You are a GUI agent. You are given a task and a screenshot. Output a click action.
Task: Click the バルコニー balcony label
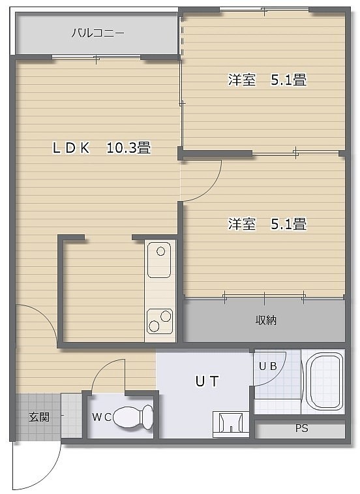[98, 33]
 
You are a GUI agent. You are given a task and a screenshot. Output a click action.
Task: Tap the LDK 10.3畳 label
[102, 147]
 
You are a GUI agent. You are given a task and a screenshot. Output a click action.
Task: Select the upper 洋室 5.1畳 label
[267, 80]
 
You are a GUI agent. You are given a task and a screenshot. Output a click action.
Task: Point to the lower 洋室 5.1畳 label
[267, 224]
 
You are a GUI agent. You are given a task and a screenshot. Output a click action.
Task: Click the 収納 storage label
[266, 320]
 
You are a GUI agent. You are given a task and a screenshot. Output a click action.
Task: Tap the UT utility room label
[207, 381]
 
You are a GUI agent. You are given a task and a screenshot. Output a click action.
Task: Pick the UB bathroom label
[267, 366]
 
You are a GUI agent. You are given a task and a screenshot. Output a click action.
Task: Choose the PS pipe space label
[301, 429]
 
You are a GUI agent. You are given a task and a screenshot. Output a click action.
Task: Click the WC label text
[102, 418]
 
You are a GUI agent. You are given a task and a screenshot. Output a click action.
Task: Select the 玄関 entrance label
[39, 417]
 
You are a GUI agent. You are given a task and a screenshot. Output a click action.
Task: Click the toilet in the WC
[133, 418]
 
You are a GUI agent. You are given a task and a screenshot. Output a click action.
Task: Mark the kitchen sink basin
[159, 260]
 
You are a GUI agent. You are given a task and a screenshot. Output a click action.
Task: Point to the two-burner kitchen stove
[160, 320]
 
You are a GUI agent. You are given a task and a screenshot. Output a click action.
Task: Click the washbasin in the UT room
[231, 424]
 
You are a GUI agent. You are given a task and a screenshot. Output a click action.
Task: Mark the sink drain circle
[161, 251]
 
